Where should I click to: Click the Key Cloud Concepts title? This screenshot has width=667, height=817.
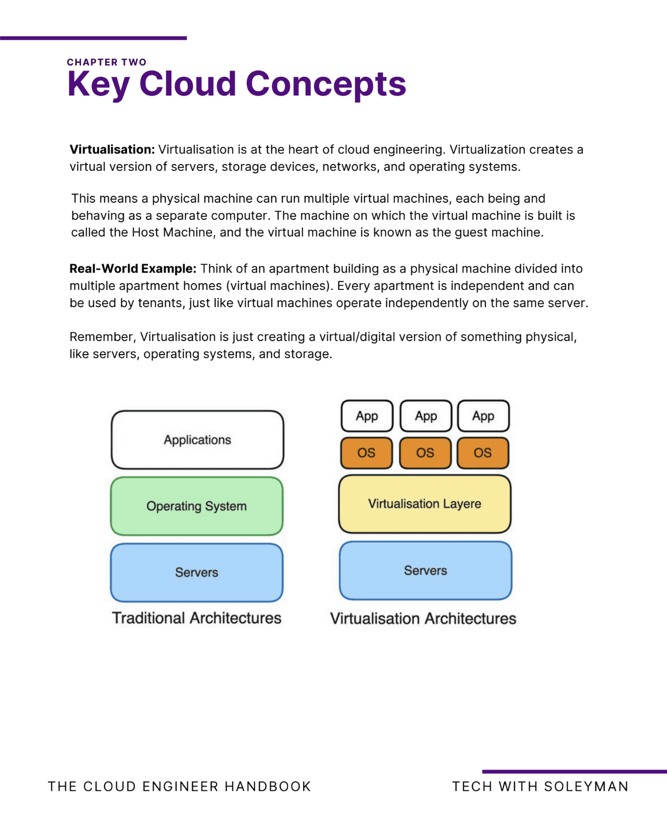click(x=236, y=84)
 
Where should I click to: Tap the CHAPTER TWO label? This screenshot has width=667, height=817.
click(x=107, y=62)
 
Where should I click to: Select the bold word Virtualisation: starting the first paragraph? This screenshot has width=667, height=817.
click(x=112, y=150)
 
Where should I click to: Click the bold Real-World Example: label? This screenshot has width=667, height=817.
click(x=133, y=269)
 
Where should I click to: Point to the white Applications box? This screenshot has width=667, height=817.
click(x=197, y=440)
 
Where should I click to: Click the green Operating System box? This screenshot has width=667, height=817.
click(x=197, y=506)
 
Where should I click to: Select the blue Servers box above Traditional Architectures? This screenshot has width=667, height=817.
click(x=197, y=573)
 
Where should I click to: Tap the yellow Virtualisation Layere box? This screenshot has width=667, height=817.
click(x=424, y=504)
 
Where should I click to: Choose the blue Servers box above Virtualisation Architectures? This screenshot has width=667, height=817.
click(x=425, y=570)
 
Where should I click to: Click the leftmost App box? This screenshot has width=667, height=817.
click(x=367, y=416)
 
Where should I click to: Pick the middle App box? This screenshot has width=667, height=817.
click(x=426, y=416)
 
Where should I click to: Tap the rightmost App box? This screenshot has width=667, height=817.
click(x=483, y=416)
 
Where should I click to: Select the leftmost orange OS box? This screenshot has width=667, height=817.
click(x=366, y=453)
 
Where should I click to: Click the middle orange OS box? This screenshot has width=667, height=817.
click(x=425, y=453)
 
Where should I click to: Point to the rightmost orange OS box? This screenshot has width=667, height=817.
click(x=482, y=453)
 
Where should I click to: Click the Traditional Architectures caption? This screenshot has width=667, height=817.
click(x=197, y=618)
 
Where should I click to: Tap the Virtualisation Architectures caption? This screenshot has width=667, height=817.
click(x=423, y=618)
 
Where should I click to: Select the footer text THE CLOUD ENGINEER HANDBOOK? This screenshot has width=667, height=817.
click(x=179, y=787)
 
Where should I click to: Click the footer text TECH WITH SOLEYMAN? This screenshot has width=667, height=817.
click(x=540, y=787)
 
